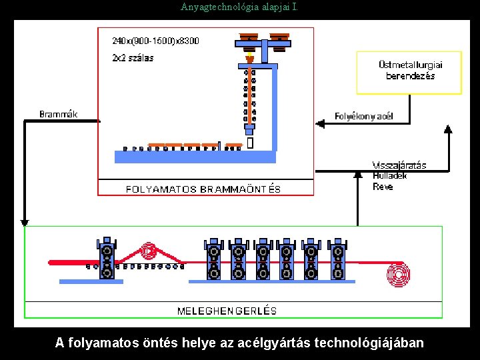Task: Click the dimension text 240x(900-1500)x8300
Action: [155, 41]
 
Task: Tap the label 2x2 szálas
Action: [133, 57]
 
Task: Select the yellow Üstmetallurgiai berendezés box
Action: [409, 72]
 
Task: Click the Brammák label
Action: [59, 114]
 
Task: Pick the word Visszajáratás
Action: [399, 165]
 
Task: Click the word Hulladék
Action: [390, 176]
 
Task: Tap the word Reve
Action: [383, 187]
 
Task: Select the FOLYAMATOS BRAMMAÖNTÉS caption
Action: [203, 189]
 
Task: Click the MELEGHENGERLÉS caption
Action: [227, 311]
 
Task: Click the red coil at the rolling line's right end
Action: [399, 275]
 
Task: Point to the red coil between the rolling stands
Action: [149, 251]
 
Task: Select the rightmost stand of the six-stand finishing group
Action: [337, 259]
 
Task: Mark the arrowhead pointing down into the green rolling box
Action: [25, 222]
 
